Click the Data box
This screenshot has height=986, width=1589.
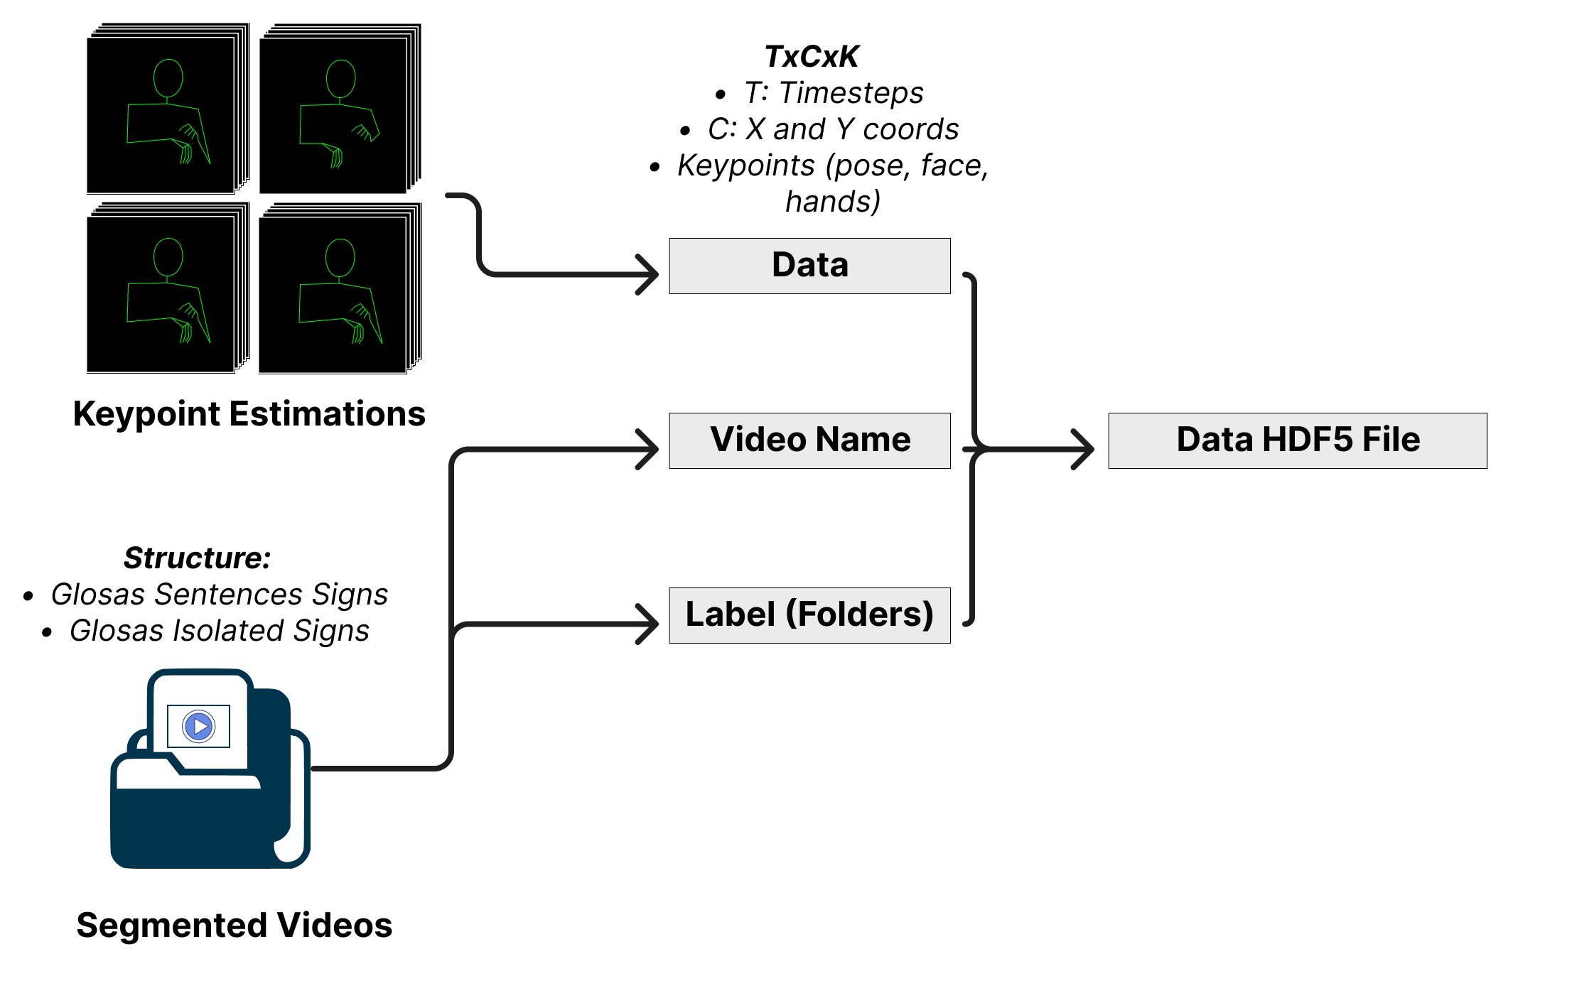point(809,266)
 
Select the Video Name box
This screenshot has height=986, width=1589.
point(809,440)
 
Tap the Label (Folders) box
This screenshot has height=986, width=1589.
point(809,615)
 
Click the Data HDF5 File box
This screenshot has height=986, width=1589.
point(1297,440)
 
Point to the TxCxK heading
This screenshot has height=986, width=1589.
point(812,57)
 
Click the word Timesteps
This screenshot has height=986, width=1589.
point(851,93)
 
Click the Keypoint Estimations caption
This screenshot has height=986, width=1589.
point(249,413)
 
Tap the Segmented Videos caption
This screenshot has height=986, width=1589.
point(234,925)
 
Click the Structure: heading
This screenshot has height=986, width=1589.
point(197,558)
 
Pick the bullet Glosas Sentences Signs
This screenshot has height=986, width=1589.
point(219,595)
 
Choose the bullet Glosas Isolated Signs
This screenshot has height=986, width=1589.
point(219,631)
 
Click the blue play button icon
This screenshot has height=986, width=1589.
point(199,726)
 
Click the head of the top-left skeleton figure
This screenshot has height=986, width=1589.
point(168,78)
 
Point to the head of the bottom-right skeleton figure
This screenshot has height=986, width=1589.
point(340,258)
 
